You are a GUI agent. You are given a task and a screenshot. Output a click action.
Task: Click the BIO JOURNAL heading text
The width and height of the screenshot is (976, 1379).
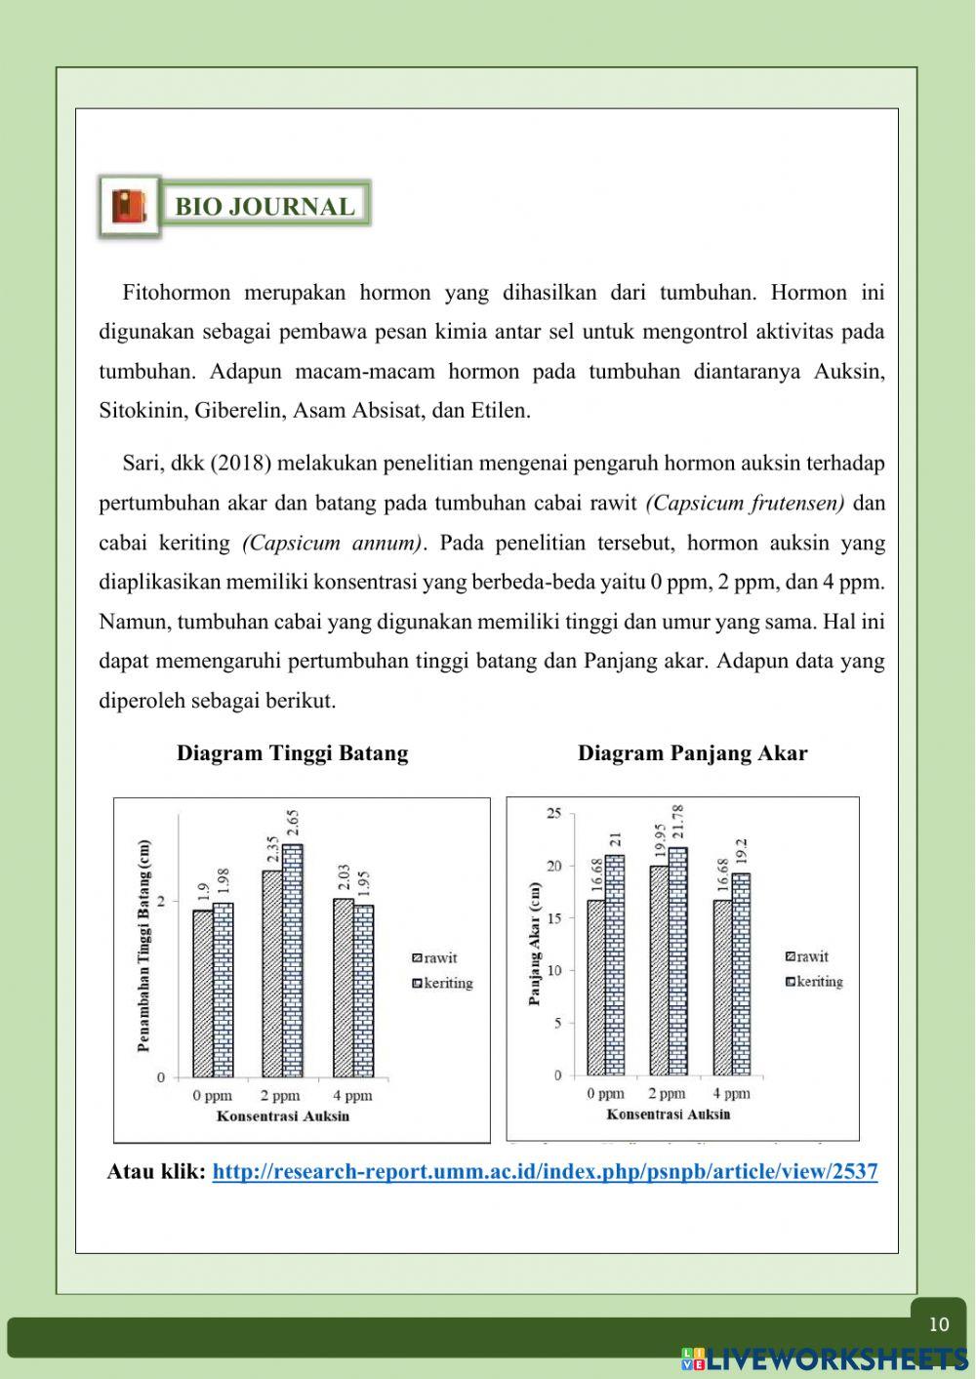(x=264, y=207)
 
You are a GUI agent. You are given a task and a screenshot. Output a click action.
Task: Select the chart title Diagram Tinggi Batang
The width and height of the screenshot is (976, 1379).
(x=292, y=753)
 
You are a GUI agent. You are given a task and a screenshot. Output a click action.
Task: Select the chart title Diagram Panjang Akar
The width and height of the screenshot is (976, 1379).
(x=692, y=753)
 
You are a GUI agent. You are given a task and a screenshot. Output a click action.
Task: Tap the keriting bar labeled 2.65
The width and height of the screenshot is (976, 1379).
(x=293, y=961)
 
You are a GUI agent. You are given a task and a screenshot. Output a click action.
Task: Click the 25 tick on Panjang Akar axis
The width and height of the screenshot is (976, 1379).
(x=554, y=813)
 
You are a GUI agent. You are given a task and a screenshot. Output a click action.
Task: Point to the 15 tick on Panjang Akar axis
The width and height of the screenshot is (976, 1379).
(x=554, y=918)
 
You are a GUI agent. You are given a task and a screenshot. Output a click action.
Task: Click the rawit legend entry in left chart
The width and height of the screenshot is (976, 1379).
(x=435, y=958)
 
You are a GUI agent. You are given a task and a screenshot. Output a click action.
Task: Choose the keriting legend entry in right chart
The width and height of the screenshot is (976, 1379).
(x=816, y=982)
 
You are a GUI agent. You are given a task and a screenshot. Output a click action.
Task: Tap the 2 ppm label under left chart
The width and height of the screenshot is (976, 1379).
(x=281, y=1096)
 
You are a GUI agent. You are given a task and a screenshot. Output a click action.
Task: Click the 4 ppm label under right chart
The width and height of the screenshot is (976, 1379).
(x=731, y=1094)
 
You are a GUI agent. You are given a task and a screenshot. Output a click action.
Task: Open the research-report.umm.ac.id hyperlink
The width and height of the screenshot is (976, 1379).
(x=545, y=1172)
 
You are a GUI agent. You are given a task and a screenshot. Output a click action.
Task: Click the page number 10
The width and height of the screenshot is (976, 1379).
(x=938, y=1324)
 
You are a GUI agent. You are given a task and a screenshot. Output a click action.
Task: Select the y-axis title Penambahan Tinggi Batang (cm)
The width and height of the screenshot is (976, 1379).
(x=144, y=946)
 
